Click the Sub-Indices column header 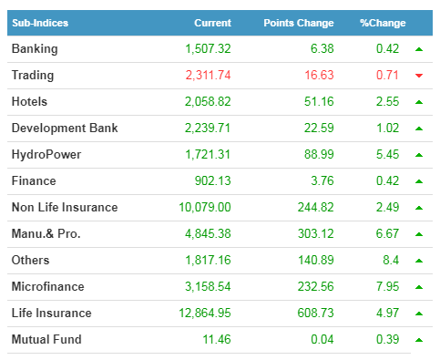point(40,23)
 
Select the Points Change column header point(299,23)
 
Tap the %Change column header point(383,23)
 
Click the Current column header point(212,23)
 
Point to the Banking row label point(35,49)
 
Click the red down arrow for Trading point(419,76)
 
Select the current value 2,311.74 point(209,75)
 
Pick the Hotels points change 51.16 point(319,101)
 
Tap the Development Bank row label point(65,128)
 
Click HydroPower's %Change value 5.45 point(387,154)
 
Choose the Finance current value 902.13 point(212,180)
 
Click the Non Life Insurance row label point(65,207)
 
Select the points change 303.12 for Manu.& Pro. point(315,233)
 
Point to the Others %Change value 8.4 point(391,260)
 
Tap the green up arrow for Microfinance point(419,287)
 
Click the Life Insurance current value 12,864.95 point(205,313)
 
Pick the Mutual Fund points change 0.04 point(322,339)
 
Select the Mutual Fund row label point(46,339)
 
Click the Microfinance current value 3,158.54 point(208,286)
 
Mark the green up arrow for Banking point(419,49)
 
